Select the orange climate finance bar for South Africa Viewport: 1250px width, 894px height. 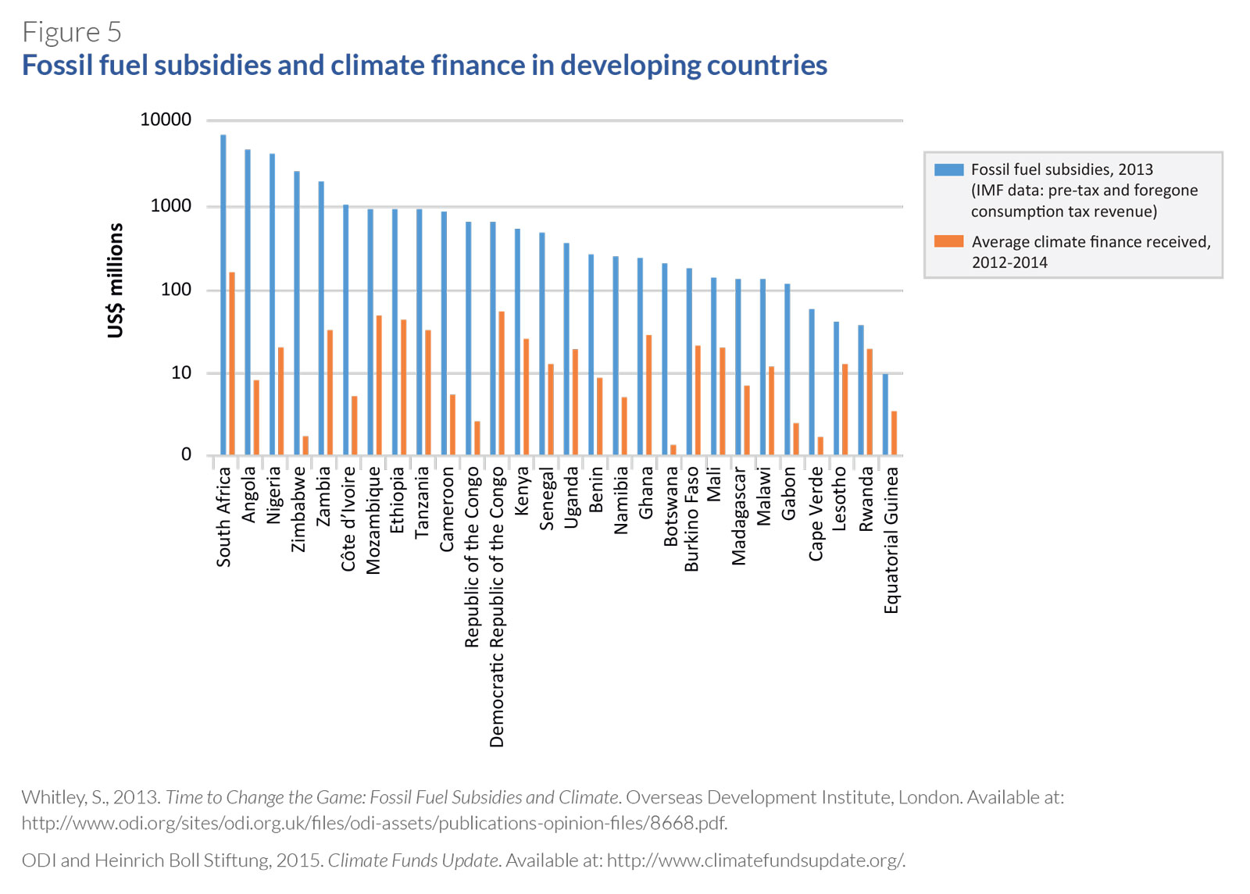point(232,364)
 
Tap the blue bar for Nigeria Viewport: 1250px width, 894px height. point(273,305)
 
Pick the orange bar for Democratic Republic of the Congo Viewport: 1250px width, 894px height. point(502,383)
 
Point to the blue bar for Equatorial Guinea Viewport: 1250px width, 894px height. point(885,415)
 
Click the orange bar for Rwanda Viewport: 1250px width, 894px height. point(870,402)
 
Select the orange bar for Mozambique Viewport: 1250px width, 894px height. point(379,385)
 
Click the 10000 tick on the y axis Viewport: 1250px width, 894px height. point(166,119)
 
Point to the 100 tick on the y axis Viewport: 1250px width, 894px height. point(176,290)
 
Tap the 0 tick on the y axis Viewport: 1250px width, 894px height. point(186,454)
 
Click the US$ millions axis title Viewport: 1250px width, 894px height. point(116,280)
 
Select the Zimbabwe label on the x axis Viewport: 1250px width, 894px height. point(298,509)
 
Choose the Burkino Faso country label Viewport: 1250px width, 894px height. point(691,519)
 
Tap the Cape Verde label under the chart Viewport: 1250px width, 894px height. point(816,514)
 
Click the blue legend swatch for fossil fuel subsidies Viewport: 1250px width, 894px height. point(948,169)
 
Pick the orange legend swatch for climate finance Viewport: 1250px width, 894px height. point(948,241)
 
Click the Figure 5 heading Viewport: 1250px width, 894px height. point(72,32)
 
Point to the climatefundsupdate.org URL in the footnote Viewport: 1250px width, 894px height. point(755,860)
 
